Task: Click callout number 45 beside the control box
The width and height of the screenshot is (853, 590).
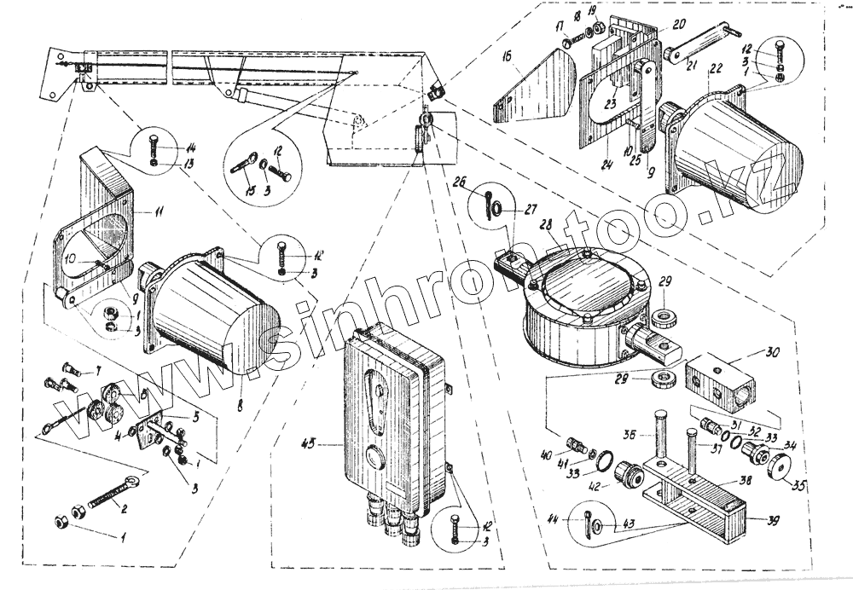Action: coord(310,442)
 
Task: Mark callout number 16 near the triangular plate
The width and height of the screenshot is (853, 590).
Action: coord(507,57)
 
